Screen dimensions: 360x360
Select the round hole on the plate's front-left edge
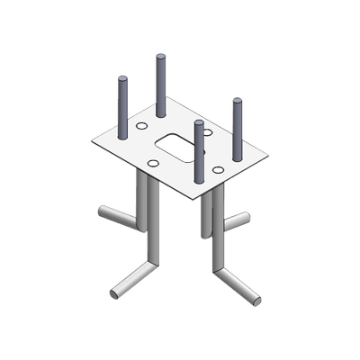click(153, 160)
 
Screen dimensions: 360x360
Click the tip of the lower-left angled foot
click(115, 294)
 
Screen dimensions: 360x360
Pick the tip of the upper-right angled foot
click(246, 218)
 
